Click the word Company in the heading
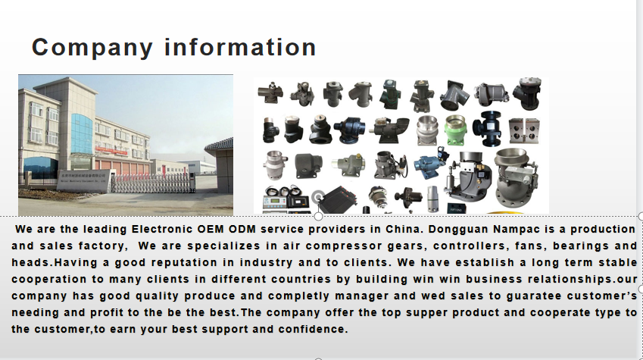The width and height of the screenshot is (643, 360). click(92, 48)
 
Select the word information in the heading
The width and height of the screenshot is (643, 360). click(240, 47)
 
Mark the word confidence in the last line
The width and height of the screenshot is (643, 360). click(314, 329)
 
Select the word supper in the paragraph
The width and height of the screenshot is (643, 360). click(426, 313)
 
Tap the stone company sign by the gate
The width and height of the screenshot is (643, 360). click(83, 180)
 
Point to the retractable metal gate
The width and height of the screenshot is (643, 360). click(152, 183)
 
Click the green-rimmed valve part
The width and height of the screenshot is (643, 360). click(456, 130)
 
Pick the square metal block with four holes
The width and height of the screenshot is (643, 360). click(524, 131)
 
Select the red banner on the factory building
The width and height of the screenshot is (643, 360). click(111, 150)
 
